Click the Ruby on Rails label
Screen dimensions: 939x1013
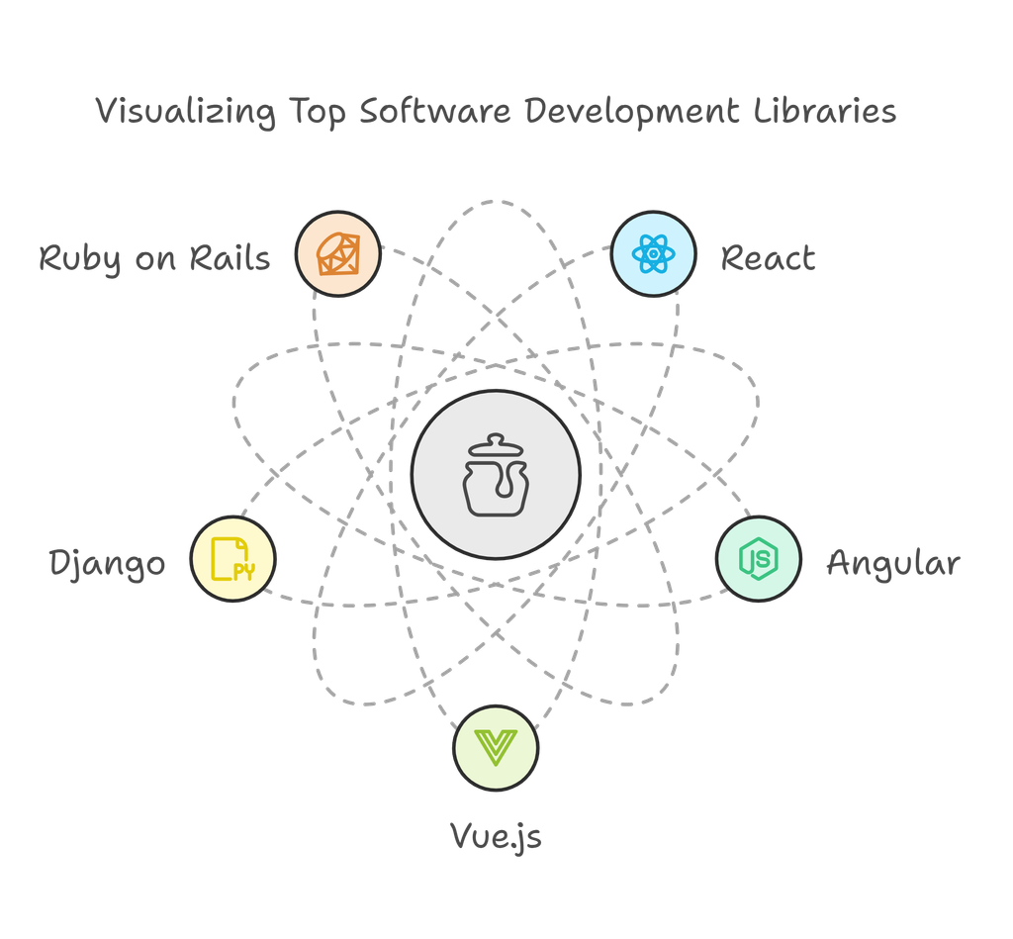pyautogui.click(x=154, y=258)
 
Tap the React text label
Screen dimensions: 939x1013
pyautogui.click(x=768, y=258)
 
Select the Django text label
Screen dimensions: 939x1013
pyautogui.click(x=108, y=564)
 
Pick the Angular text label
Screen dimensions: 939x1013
pyautogui.click(x=892, y=563)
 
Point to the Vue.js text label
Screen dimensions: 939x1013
pyautogui.click(x=496, y=836)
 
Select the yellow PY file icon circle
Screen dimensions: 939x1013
pyautogui.click(x=233, y=559)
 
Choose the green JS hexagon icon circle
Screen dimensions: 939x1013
pyautogui.click(x=758, y=559)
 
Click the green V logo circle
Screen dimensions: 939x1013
pyautogui.click(x=496, y=746)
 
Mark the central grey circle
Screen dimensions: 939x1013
pyautogui.click(x=496, y=476)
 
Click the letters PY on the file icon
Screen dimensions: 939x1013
pyautogui.click(x=243, y=571)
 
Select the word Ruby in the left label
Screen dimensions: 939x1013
pyautogui.click(x=80, y=259)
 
